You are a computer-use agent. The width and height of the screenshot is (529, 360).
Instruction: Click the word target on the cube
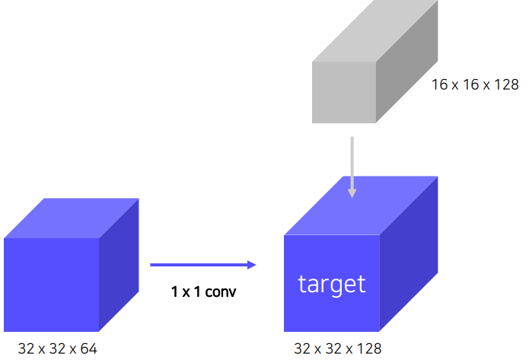[332, 285]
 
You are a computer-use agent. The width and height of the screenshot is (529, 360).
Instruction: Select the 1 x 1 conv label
[204, 291]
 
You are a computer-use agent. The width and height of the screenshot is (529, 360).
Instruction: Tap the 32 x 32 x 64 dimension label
[58, 349]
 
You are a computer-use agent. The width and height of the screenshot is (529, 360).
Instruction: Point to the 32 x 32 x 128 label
[338, 349]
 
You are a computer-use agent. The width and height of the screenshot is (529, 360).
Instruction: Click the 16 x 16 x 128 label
[475, 84]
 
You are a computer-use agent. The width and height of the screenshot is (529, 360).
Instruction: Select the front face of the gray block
[344, 91]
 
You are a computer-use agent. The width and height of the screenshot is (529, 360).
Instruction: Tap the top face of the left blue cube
[72, 218]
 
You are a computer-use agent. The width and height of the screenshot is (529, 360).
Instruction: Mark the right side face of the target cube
[409, 255]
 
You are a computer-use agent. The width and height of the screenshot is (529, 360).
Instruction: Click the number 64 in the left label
[88, 349]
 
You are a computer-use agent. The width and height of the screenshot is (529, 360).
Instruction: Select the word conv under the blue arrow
[221, 291]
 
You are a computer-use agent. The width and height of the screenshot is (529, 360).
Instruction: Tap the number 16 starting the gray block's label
[439, 84]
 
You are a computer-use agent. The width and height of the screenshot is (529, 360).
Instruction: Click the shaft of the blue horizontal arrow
[198, 265]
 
